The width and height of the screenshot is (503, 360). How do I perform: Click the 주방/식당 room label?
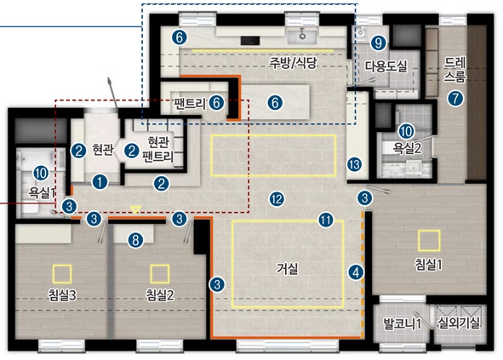293,63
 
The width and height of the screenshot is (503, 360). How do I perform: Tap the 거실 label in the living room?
288,268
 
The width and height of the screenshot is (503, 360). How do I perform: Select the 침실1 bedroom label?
429,265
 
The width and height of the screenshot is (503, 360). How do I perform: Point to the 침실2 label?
160,295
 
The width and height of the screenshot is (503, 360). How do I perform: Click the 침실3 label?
62,295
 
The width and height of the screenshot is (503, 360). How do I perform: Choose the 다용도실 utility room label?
386,66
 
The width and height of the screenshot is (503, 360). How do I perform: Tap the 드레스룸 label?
454,70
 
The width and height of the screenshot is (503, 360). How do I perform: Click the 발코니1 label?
403,323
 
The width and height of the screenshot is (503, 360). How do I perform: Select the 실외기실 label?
459,323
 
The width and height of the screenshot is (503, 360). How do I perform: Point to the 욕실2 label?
408,148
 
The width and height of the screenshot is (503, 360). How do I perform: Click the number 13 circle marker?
354,164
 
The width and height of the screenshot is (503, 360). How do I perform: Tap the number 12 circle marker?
277,199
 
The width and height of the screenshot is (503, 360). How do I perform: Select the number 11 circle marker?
326,220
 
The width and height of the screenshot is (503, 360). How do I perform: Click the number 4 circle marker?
356,272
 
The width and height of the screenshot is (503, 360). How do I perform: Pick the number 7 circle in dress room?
455,98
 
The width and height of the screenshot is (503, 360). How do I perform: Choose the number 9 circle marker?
379,43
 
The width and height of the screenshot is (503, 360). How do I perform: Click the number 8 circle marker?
135,240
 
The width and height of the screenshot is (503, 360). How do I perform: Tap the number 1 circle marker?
100,182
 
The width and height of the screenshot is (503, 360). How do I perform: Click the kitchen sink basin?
302,37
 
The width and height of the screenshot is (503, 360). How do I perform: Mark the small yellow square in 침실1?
429,241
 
